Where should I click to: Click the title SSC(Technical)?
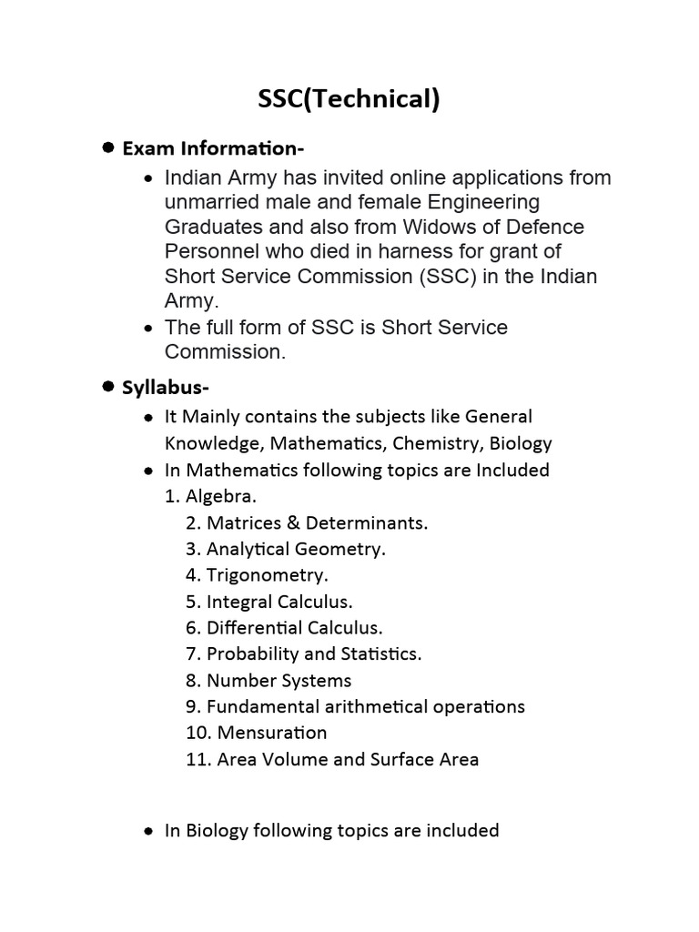[x=349, y=99]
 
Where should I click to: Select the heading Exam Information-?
[x=213, y=147]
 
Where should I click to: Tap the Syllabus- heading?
[x=166, y=388]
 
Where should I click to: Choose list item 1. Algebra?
[x=211, y=497]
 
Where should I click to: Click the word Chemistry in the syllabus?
[x=437, y=443]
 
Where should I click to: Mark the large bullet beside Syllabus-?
[x=107, y=387]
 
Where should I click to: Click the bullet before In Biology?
[x=148, y=831]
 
